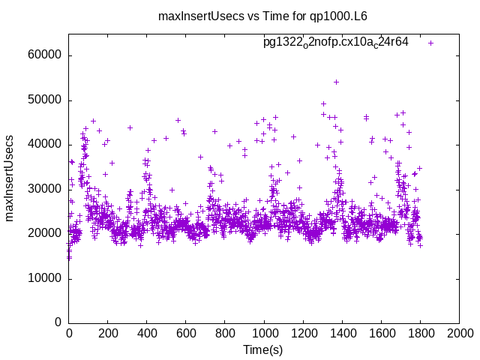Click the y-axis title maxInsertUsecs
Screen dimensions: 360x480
coord(10,178)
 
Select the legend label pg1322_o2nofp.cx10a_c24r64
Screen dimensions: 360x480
coord(335,42)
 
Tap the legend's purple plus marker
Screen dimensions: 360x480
coord(431,43)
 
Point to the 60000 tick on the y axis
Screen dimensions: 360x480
coord(45,55)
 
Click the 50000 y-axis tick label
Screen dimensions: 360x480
coord(45,100)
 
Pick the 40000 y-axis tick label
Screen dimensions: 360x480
coord(45,145)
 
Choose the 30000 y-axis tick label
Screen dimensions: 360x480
coord(45,189)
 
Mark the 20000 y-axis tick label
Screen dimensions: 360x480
coord(45,233)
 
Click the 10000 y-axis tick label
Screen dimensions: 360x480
coord(45,278)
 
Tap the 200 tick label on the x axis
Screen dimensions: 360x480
coord(108,334)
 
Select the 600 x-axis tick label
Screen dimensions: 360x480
coord(186,334)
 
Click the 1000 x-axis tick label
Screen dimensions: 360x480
coord(264,334)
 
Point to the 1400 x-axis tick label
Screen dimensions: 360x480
coord(342,334)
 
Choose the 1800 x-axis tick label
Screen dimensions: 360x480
coord(420,334)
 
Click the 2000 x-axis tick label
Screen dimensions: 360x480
coord(459,334)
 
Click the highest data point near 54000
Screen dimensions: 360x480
coord(336,82)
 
